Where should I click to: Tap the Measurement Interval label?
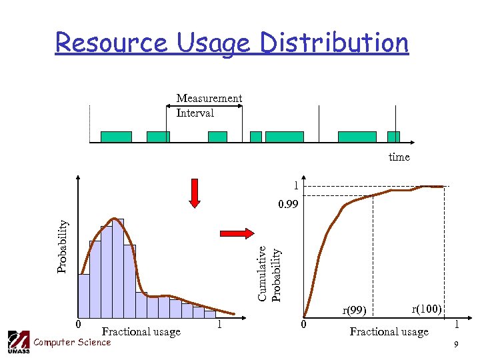[209, 105]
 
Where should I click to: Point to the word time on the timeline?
[399, 157]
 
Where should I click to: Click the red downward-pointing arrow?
[195, 193]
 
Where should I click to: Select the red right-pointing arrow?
[237, 233]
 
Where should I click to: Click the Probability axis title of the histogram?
[62, 237]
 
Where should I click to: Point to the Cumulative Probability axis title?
[270, 273]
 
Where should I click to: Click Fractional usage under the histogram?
[141, 331]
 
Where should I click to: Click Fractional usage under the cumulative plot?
[389, 331]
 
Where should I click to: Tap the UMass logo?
[18, 341]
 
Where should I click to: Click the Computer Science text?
[72, 342]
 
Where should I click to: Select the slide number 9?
[455, 345]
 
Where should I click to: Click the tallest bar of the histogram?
[118, 267]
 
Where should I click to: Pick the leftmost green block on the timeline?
[116, 137]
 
